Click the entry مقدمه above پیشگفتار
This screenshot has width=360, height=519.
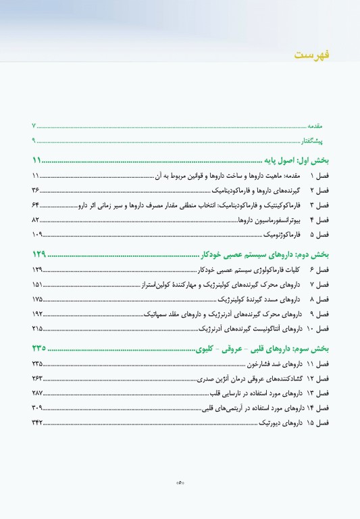click(318, 126)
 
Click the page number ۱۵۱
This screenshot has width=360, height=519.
click(36, 285)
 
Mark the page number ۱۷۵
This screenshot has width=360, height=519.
click(36, 299)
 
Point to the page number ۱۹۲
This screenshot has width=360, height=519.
click(36, 314)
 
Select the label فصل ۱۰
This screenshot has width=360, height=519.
click(317, 328)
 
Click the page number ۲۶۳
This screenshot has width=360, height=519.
click(36, 378)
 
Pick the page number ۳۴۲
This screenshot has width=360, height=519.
click(36, 422)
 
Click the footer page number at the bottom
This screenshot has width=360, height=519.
click(180, 483)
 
